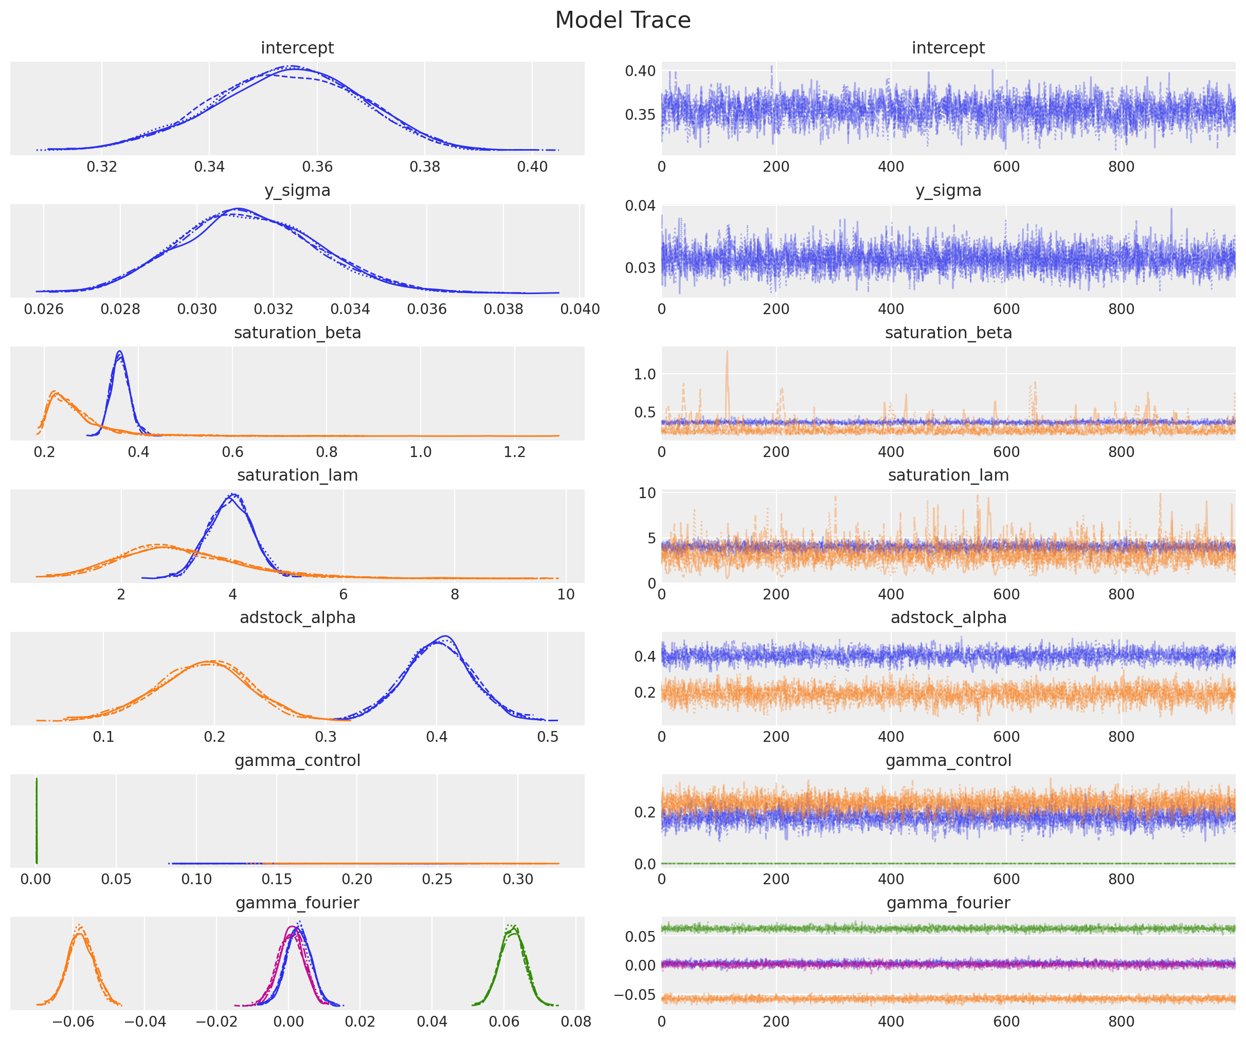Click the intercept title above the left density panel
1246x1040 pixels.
pyautogui.click(x=297, y=48)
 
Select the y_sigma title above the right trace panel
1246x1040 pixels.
pyautogui.click(x=948, y=190)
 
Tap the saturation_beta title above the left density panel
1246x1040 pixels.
pyautogui.click(x=297, y=333)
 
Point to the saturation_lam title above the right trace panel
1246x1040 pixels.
pyautogui.click(x=948, y=475)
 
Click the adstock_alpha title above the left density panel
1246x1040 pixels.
pyautogui.click(x=297, y=617)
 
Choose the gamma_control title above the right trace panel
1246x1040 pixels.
pyautogui.click(x=948, y=760)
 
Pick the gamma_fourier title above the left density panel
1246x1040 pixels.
pyautogui.click(x=297, y=903)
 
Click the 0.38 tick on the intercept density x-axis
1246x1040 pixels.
pyautogui.click(x=425, y=167)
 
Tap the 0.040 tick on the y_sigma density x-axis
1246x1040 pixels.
pyautogui.click(x=580, y=309)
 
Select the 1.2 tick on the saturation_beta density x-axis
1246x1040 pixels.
pyautogui.click(x=514, y=452)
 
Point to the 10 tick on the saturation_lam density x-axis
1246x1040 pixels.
pyautogui.click(x=566, y=594)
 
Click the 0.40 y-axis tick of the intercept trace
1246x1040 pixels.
pyautogui.click(x=640, y=71)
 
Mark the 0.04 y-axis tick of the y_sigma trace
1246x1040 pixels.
pyautogui.click(x=640, y=206)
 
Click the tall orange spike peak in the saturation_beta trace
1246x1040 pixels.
pyautogui.click(x=727, y=352)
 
